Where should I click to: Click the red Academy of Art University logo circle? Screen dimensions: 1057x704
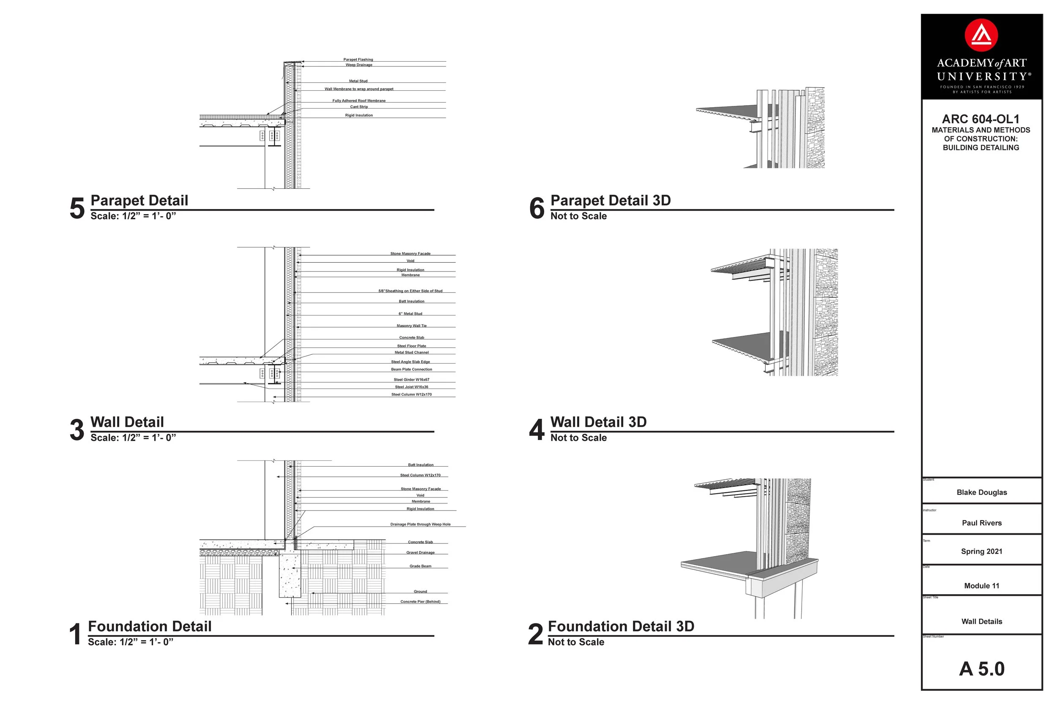981,35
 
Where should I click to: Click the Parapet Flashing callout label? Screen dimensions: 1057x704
358,59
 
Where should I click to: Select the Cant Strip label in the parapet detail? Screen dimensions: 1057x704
359,107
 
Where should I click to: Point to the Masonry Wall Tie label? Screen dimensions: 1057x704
412,326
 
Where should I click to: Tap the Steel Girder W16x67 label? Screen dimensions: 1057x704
412,380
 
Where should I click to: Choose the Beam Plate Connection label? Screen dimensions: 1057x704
412,370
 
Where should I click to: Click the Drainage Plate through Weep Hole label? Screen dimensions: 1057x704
420,525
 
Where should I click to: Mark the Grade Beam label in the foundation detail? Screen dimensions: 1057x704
420,566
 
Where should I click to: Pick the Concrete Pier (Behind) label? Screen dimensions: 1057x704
420,602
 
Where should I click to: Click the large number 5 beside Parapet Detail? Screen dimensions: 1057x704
77,208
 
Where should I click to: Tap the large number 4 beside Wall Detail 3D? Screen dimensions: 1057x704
537,430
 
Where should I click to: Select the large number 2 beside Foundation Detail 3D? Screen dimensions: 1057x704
535,634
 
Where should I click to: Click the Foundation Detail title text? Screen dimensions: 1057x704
150,626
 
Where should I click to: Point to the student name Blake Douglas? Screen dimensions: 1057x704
981,492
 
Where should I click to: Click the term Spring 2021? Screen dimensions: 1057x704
981,552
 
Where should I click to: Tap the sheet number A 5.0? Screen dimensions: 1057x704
981,669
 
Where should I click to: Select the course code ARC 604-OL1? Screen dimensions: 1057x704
980,119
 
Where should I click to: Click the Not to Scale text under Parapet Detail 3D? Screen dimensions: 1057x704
578,216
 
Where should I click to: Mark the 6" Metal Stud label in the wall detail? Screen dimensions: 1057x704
410,314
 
